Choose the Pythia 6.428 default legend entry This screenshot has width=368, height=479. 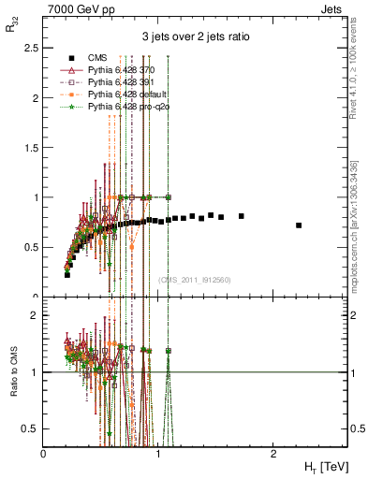click(x=128, y=95)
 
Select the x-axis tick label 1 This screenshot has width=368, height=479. click(x=158, y=452)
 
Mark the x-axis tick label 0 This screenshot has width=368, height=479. click(x=44, y=452)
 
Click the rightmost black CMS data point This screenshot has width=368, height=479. click(x=299, y=225)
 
